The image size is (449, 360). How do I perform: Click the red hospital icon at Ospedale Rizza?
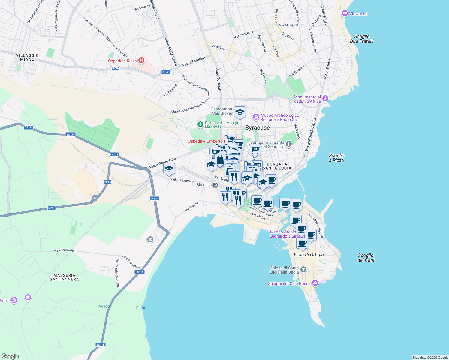pos(141,61)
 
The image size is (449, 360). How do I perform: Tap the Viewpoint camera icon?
pos(345,13)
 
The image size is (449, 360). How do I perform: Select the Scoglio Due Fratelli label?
pos(362,39)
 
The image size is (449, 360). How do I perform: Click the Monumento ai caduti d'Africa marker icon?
pos(325,99)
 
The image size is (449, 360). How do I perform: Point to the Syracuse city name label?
pos(257,128)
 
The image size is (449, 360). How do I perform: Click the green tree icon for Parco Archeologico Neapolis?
pos(200,124)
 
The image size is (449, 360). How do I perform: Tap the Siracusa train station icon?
pos(215,185)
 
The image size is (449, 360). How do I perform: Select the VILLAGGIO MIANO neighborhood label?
pos(27,57)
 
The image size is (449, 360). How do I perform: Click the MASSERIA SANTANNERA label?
pos(64,277)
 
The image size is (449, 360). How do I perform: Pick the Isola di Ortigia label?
pos(309,255)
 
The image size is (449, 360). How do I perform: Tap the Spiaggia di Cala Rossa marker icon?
pos(315,283)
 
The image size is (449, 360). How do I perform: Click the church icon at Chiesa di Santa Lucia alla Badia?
pos(303,269)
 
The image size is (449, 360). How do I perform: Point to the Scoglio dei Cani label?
pos(366,258)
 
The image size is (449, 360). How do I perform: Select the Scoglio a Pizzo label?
pos(336,158)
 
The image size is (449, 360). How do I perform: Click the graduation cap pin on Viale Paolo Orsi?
pos(169,169)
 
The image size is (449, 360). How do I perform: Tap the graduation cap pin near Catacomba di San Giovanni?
pos(240,112)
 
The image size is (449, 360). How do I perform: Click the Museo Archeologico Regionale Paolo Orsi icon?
pos(256,117)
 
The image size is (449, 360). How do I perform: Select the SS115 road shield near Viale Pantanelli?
pos(140,272)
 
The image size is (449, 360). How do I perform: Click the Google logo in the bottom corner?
pos(10,356)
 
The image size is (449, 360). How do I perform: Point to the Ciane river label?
pos(141,308)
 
